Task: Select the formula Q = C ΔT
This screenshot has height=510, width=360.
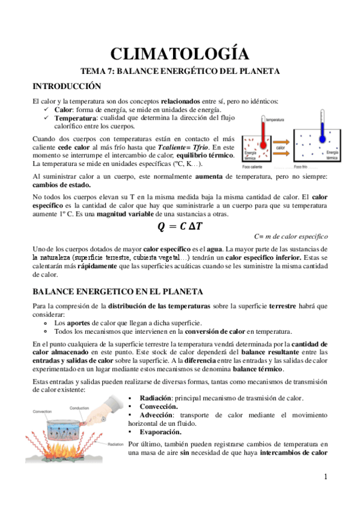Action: click(180, 226)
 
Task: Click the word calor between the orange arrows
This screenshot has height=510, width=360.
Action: click(280, 147)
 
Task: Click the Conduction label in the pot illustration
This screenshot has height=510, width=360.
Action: click(79, 407)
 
